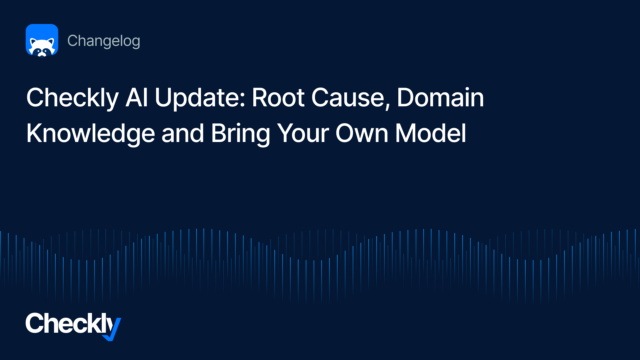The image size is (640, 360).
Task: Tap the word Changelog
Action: [104, 41]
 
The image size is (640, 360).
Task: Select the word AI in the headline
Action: [137, 98]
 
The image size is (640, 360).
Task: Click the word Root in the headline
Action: [278, 98]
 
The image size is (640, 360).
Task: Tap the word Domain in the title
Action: [440, 97]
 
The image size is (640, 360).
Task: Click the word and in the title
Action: [183, 133]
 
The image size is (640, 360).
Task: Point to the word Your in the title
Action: [303, 133]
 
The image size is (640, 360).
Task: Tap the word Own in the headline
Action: [362, 133]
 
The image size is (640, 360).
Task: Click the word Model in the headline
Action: [431, 133]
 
